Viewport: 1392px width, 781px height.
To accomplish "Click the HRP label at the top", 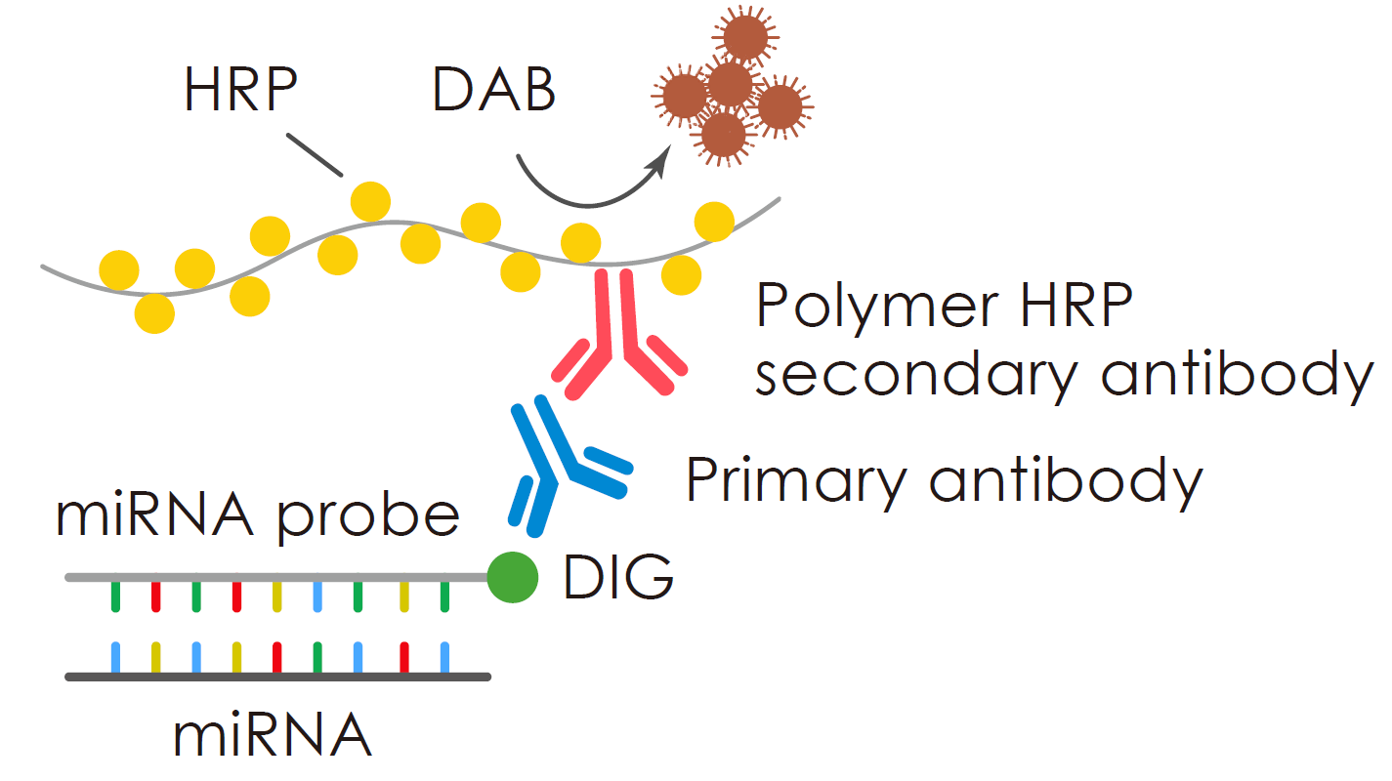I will pos(240,91).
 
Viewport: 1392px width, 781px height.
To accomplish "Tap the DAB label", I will pos(494,91).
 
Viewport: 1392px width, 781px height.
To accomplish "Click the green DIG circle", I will pos(512,577).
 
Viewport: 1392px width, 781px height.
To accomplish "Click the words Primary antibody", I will pos(943,481).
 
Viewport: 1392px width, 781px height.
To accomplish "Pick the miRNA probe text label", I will pos(257,517).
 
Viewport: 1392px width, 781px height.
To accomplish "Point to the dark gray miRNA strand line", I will pos(277,677).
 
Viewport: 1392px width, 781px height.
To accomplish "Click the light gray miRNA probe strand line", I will pos(277,578).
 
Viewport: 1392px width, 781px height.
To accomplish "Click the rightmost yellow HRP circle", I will pos(714,222).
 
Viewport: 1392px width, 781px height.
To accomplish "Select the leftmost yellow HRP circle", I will pos(118,269).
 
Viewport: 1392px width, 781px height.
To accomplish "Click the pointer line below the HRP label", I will pos(316,155).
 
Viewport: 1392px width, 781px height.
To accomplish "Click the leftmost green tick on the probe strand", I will pos(114,596).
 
